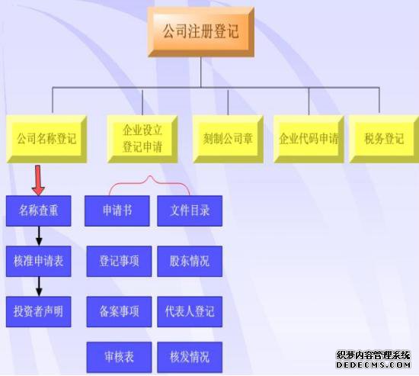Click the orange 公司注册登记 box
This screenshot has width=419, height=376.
[x=201, y=32]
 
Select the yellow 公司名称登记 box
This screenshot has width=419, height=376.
[x=46, y=139]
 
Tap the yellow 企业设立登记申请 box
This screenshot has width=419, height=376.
[x=142, y=139]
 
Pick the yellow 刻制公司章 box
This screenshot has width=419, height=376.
[x=228, y=139]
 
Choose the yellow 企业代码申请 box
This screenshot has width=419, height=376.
[x=309, y=139]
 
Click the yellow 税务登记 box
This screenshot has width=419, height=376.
[x=384, y=139]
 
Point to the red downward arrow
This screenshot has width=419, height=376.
[x=38, y=180]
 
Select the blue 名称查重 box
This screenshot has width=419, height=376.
[x=39, y=211]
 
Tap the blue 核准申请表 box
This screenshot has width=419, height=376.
[x=39, y=261]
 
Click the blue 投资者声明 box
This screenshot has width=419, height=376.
[x=39, y=312]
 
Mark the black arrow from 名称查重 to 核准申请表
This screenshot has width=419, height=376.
[x=39, y=236]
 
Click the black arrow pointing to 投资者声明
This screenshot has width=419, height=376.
[x=39, y=287]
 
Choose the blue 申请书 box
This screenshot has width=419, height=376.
[x=117, y=211]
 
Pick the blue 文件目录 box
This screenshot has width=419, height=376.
[x=190, y=211]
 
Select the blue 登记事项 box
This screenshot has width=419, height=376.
[x=119, y=261]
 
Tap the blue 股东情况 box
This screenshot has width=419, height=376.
[x=190, y=261]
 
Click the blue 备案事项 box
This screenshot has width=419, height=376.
[x=119, y=312]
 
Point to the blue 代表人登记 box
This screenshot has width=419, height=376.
[x=190, y=312]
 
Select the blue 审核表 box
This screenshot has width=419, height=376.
[x=119, y=357]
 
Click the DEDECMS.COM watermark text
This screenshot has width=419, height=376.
[x=373, y=365]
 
